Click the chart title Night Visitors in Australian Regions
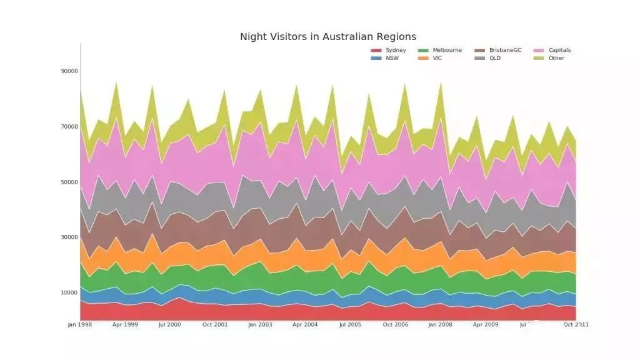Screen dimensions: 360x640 click(x=328, y=37)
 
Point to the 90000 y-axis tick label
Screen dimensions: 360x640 click(x=69, y=71)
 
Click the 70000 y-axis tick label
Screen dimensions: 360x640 click(x=69, y=127)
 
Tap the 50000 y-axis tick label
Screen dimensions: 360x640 click(x=69, y=182)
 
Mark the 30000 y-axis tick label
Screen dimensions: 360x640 click(x=69, y=237)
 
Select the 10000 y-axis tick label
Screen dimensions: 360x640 click(x=69, y=293)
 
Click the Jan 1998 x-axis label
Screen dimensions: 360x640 click(x=79, y=325)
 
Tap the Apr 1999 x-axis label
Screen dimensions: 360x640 click(x=124, y=325)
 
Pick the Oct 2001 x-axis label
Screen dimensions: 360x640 click(x=214, y=325)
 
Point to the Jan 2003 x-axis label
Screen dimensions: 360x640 click(x=260, y=325)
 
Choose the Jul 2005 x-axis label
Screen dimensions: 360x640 click(x=350, y=325)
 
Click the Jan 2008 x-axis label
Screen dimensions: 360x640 click(x=440, y=325)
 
